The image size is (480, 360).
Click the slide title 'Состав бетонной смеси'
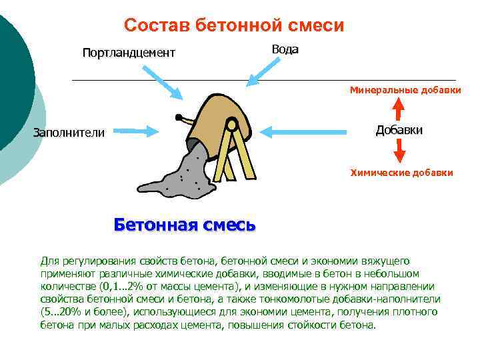234,26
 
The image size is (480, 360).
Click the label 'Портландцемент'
129,53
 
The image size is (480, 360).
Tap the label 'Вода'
285,49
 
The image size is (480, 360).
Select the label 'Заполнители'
69,133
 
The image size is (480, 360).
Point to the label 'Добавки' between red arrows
399,130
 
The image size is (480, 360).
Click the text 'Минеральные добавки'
406,90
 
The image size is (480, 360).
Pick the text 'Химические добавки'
402,173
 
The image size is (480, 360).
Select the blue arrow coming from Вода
263,69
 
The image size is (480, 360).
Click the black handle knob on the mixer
178,118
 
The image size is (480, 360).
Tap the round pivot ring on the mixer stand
231,123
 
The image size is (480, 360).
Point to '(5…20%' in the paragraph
61,311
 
